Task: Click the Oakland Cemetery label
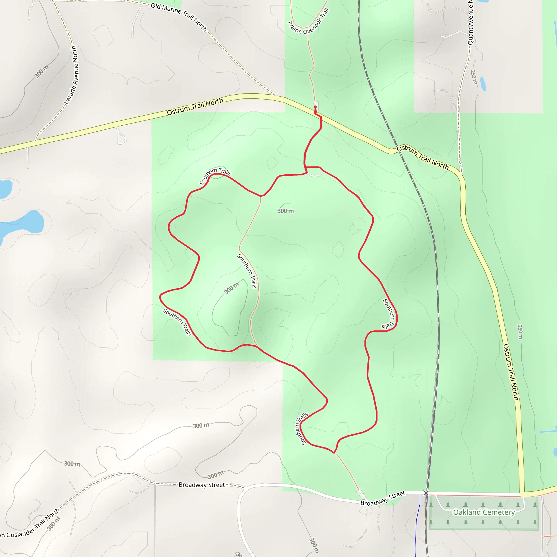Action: coord(484,512)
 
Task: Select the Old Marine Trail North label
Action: coord(179,17)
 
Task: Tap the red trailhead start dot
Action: coord(315,107)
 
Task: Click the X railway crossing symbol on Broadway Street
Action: coord(426,493)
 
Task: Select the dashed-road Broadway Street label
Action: coord(202,485)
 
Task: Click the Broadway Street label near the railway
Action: coord(383,499)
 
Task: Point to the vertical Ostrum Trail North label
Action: coord(511,372)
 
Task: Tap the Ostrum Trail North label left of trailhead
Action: coord(195,106)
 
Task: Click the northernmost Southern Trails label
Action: coord(215,176)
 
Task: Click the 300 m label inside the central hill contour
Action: coord(231,288)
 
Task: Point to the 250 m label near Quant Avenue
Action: coord(474,77)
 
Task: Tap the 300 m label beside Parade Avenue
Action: coord(42,72)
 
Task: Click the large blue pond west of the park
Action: coord(23,224)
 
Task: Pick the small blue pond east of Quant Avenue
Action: coord(483,83)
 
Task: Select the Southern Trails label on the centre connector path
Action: coord(247,271)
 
